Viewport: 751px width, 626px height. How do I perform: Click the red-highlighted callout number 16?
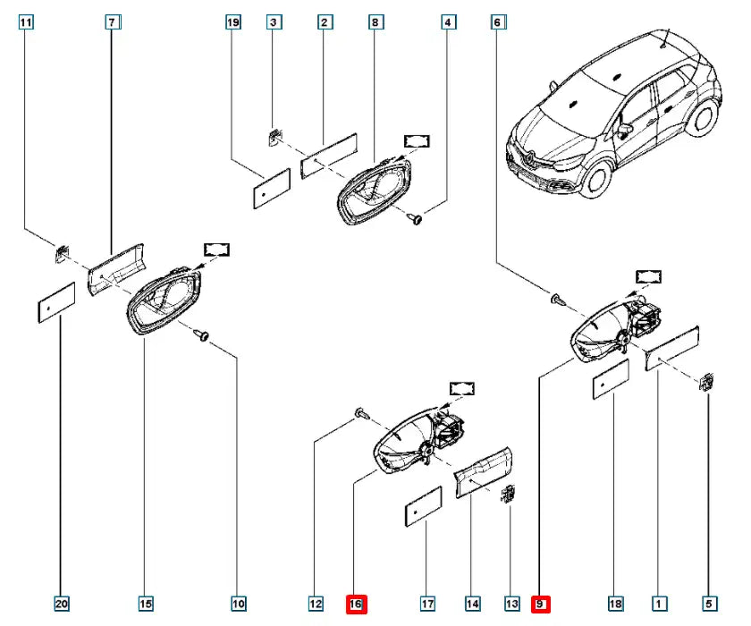356,605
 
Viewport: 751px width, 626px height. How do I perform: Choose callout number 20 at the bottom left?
61,605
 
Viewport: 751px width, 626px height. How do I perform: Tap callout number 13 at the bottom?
511,605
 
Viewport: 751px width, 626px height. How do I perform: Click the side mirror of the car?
624,131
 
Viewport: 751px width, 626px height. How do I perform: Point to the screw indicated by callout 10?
203,335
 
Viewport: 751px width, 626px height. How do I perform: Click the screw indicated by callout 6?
557,299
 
